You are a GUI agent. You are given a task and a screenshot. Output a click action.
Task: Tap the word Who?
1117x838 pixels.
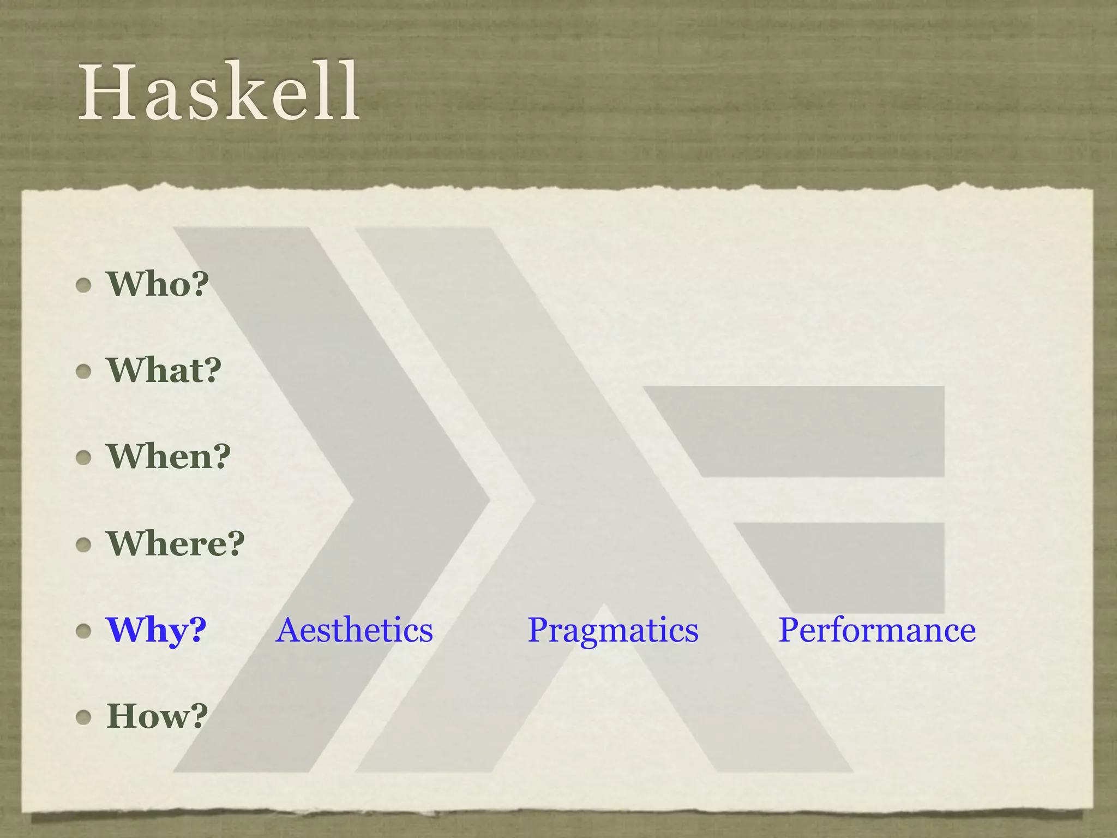[x=158, y=284]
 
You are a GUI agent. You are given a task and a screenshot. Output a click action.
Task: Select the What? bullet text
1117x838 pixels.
[x=164, y=370]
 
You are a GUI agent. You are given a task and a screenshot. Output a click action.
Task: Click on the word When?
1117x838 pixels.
[x=169, y=456]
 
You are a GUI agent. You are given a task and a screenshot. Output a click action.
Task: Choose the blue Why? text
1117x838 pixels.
[x=156, y=630]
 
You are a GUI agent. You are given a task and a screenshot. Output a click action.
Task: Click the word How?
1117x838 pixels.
[x=157, y=716]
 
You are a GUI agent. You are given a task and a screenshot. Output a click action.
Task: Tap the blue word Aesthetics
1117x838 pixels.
[x=355, y=630]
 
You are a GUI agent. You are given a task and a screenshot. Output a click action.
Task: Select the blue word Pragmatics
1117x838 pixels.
[x=612, y=630]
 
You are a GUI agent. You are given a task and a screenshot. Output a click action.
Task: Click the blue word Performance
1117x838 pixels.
[x=876, y=630]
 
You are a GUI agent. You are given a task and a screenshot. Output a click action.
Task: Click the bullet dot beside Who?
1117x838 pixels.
[x=83, y=285]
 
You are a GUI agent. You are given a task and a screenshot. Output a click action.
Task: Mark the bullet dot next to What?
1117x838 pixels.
[x=83, y=372]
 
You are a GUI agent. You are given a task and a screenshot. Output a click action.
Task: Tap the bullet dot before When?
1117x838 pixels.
[x=83, y=458]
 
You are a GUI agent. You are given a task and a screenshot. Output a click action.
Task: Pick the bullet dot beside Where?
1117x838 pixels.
[x=83, y=544]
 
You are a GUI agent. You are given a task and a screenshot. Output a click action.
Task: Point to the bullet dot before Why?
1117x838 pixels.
[x=83, y=631]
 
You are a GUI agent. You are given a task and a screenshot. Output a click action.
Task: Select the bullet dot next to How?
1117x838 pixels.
[x=83, y=717]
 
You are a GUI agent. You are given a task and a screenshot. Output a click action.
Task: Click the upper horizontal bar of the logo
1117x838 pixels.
[x=818, y=431]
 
